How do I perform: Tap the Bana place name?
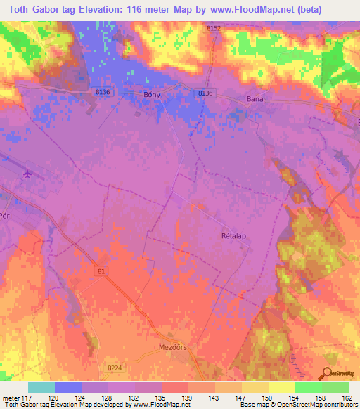tap(255, 99)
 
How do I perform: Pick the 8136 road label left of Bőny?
tap(103, 92)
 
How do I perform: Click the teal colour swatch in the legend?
tap(41, 387)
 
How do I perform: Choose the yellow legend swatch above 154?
tap(282, 387)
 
